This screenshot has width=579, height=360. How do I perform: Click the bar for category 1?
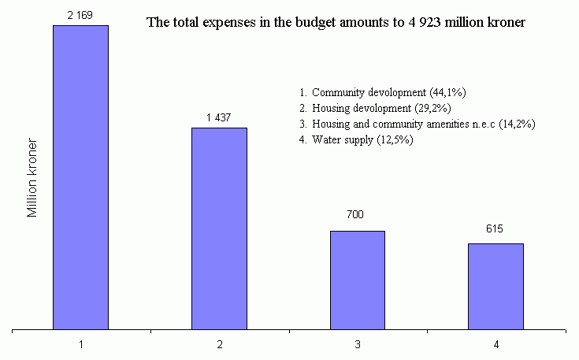pos(80,177)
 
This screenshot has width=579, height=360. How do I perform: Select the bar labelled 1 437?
pos(219,228)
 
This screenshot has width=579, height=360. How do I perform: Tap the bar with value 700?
pos(358,280)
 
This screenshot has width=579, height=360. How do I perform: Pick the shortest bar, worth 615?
pos(495,286)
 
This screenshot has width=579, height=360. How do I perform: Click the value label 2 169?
pos(81,15)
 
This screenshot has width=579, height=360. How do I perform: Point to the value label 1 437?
pos(219,117)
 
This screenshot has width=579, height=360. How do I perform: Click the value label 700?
pos(358,215)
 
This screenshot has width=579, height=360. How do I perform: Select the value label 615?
pos(495,228)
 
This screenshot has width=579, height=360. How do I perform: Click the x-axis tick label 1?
pos(81,345)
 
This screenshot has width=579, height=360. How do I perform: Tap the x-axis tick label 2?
pos(219,345)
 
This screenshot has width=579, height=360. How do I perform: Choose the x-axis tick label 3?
pos(358,345)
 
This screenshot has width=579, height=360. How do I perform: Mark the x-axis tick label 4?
pos(496,345)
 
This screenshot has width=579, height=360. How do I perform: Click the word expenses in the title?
pos(223,23)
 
